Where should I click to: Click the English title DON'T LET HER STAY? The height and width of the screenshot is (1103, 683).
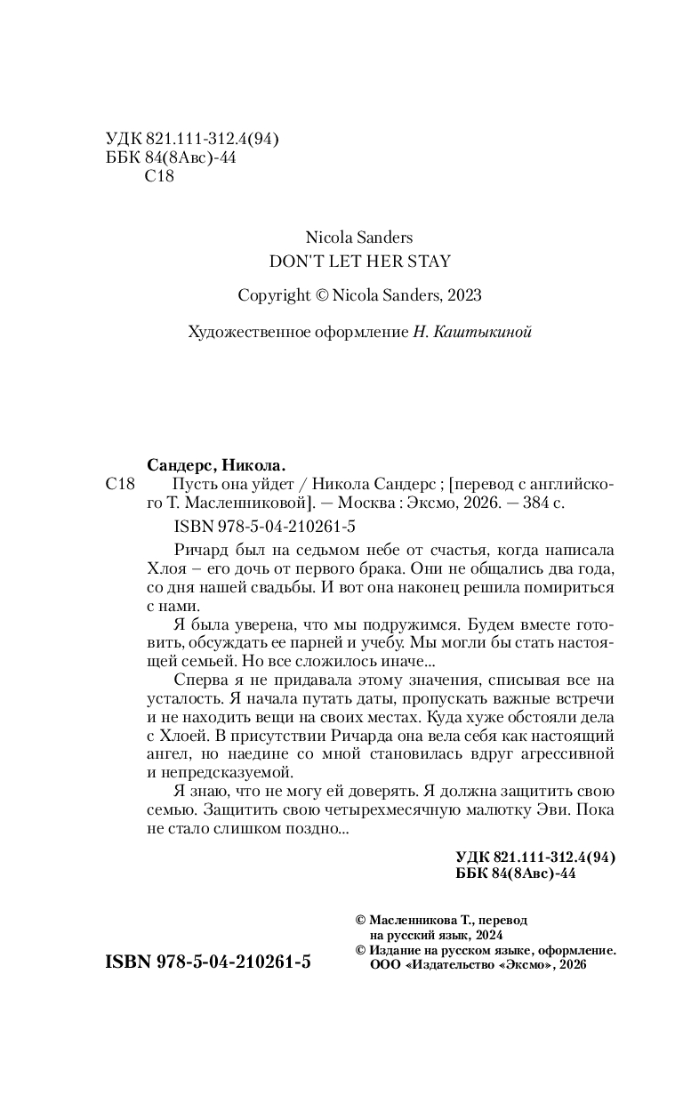(359, 261)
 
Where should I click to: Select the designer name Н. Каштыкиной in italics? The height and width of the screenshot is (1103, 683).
(472, 332)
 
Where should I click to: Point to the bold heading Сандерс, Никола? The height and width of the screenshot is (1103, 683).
(215, 464)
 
